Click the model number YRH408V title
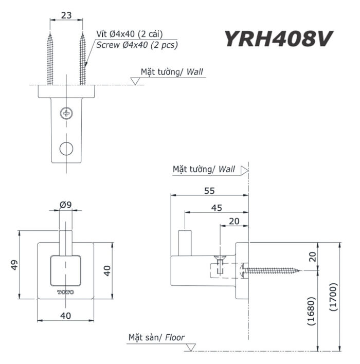pyautogui.click(x=277, y=39)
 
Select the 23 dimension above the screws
pyautogui.click(x=66, y=15)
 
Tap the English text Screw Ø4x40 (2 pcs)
pyautogui.click(x=137, y=45)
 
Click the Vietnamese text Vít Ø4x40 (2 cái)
pyautogui.click(x=130, y=34)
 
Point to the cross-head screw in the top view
pyautogui.click(x=66, y=113)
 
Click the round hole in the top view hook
pyautogui.click(x=66, y=148)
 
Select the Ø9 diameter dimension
pyautogui.click(x=65, y=204)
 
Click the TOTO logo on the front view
pyautogui.click(x=65, y=292)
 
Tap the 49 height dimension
pyautogui.click(x=14, y=265)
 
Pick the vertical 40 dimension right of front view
pyautogui.click(x=107, y=270)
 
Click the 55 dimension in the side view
pyautogui.click(x=209, y=190)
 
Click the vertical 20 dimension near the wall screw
pyautogui.click(x=313, y=256)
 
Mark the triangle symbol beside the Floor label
pyautogui.click(x=190, y=347)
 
